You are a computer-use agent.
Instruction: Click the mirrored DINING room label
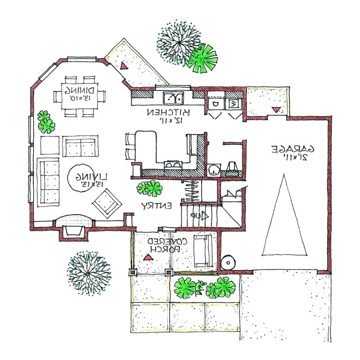point(80,94)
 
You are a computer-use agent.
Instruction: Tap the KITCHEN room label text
point(168,116)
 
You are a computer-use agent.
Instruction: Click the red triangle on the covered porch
point(149,257)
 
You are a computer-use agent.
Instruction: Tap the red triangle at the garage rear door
point(277,110)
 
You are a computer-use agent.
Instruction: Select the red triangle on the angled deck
point(123,66)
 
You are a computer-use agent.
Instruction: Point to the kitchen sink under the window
point(174,97)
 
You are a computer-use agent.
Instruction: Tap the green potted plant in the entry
point(150,189)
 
